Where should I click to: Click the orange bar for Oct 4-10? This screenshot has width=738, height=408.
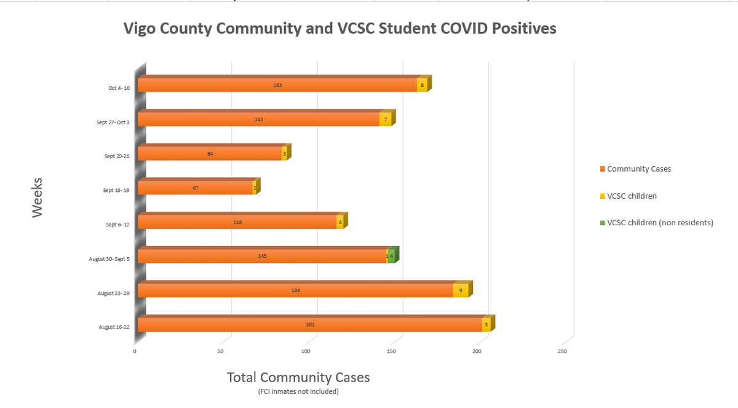point(277,85)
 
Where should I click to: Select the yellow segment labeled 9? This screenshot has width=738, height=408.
point(460,290)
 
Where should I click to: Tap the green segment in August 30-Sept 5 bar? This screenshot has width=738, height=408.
point(391,256)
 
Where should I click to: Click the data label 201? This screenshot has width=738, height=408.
point(310,324)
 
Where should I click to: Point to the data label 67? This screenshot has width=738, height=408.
point(196,187)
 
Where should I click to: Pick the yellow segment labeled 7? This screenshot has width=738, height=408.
point(385,119)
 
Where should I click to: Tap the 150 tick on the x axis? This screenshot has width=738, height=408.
point(391,351)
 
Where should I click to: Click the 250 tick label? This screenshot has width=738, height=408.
point(562,351)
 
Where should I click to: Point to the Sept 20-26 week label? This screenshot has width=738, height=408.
point(117,156)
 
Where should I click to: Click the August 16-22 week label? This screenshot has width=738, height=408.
point(114,327)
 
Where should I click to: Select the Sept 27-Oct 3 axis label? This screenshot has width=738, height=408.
point(113,122)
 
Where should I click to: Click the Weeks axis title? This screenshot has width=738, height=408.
point(37,197)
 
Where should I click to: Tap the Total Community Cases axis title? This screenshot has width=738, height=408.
point(298,377)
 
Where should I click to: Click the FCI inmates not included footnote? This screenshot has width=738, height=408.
point(298,391)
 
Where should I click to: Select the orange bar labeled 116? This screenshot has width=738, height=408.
point(237,222)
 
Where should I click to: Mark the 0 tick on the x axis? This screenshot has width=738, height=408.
point(135,351)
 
